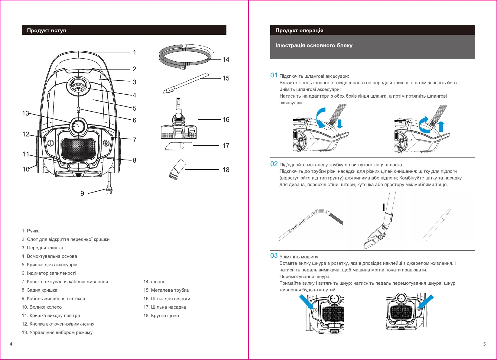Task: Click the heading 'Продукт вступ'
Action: pyautogui.click(x=47, y=31)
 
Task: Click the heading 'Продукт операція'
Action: pyautogui.click(x=299, y=31)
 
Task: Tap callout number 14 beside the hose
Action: pyautogui.click(x=226, y=60)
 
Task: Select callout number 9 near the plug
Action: pyautogui.click(x=82, y=193)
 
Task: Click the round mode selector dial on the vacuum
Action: pyautogui.click(x=78, y=126)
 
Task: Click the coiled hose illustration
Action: pyautogui.click(x=186, y=56)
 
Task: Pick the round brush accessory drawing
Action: pyautogui.click(x=177, y=169)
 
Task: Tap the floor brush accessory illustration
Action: pyautogui.click(x=179, y=118)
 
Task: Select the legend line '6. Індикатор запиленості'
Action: pyautogui.click(x=49, y=273)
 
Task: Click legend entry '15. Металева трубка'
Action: pyautogui.click(x=166, y=290)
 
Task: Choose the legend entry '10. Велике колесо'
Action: pyautogui.click(x=42, y=307)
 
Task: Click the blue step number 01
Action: pyautogui.click(x=274, y=75)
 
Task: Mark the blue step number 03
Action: pyautogui.click(x=274, y=255)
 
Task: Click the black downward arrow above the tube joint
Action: pyautogui.click(x=384, y=207)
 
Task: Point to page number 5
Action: pyautogui.click(x=484, y=344)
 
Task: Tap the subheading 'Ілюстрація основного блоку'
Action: pyautogui.click(x=314, y=45)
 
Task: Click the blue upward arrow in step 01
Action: pyautogui.click(x=441, y=127)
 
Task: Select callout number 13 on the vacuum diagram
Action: pyautogui.click(x=25, y=113)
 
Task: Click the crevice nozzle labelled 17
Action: pyautogui.click(x=178, y=146)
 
